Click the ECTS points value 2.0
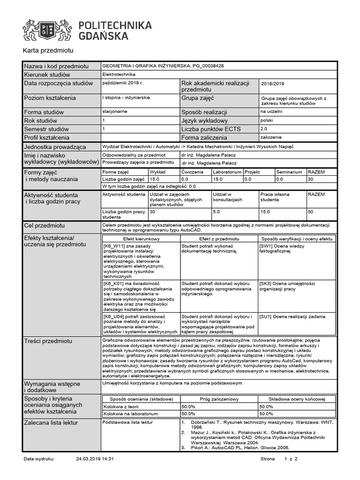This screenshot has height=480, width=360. coord(263,128)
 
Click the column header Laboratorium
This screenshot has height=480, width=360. coord(227,172)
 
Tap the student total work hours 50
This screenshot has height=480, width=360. coord(310,212)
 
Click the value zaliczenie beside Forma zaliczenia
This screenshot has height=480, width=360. coord(271,137)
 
